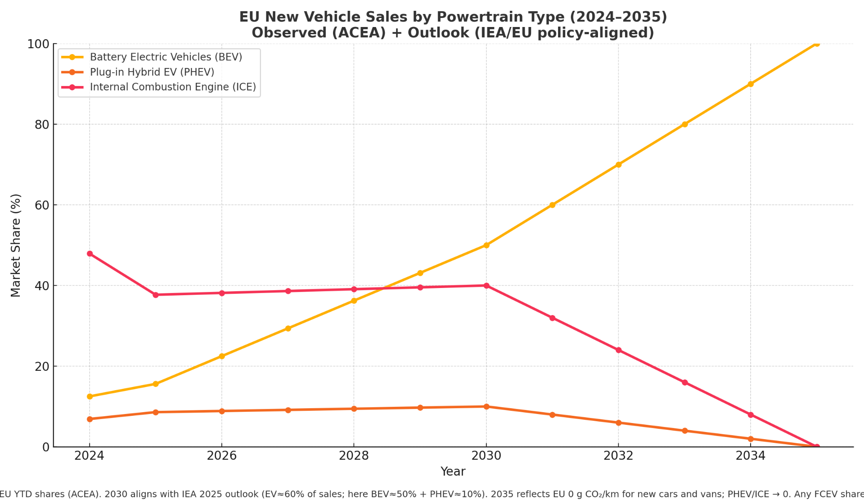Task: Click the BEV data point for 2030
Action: point(486,245)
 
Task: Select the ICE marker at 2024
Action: point(90,254)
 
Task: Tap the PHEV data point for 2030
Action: point(486,406)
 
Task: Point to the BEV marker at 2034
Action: point(750,84)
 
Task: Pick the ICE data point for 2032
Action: point(618,350)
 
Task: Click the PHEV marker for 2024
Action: point(90,419)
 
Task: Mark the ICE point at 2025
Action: point(156,295)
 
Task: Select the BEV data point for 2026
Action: point(221,356)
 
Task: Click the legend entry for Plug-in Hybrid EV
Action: point(152,72)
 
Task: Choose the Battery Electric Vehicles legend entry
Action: point(166,57)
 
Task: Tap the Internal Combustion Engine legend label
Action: point(173,87)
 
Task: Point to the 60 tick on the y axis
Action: point(41,205)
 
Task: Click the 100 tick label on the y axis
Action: point(38,44)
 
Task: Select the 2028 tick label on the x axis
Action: point(354,456)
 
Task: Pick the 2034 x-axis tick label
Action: point(750,456)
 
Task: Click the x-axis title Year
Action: point(453,472)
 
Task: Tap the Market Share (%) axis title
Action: point(16,245)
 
